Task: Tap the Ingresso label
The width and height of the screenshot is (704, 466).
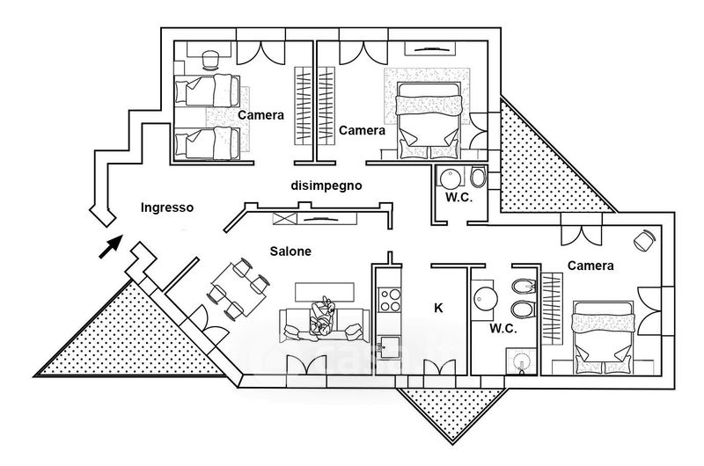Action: [166, 208]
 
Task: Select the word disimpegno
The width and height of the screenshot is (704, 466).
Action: [326, 186]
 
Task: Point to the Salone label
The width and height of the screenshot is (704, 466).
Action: [290, 251]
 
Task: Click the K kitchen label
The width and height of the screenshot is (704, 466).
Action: [437, 308]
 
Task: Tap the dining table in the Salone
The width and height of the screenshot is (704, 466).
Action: [236, 288]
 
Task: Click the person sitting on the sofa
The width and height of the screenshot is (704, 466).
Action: [322, 317]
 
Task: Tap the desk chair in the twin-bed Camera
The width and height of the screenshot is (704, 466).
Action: [211, 59]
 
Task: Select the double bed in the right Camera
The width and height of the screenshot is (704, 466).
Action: [603, 330]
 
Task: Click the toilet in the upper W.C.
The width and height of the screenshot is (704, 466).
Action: [478, 177]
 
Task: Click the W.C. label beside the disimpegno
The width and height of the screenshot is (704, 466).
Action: [458, 199]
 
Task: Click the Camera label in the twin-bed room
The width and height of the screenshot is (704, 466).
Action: [260, 115]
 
